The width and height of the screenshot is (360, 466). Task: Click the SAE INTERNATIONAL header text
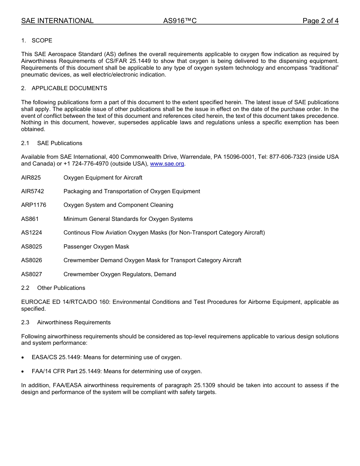pyautogui.click(x=57, y=21)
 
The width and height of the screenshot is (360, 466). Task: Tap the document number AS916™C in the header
pyautogui.click(x=180, y=21)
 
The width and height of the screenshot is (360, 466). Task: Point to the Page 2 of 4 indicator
pyautogui.click(x=320, y=21)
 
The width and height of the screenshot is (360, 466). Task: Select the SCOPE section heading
pyautogui.click(x=42, y=41)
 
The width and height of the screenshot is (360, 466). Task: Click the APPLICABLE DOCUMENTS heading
pyautogui.click(x=69, y=88)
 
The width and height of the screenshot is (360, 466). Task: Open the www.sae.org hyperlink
pyautogui.click(x=167, y=164)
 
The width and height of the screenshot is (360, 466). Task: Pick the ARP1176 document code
pyautogui.click(x=34, y=205)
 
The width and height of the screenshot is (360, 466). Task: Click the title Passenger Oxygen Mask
pyautogui.click(x=96, y=247)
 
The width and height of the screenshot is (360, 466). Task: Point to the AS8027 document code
pyautogui.click(x=31, y=274)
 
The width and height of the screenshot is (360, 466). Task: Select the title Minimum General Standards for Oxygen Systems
pyautogui.click(x=128, y=219)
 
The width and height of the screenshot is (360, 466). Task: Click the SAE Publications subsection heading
pyautogui.click(x=59, y=143)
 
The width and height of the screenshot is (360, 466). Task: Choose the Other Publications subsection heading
pyautogui.click(x=61, y=288)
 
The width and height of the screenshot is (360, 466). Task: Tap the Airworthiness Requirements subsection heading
pyautogui.click(x=74, y=322)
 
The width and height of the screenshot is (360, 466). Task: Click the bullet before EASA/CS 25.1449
pyautogui.click(x=23, y=358)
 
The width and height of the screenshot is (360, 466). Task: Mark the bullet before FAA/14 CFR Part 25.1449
pyautogui.click(x=23, y=372)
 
